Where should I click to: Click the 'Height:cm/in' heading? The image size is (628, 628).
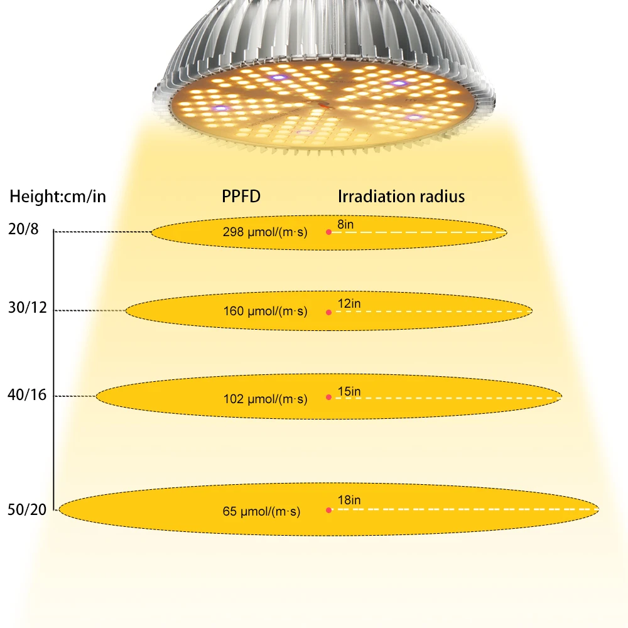coord(58,197)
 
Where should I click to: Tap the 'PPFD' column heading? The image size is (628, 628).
coord(241,197)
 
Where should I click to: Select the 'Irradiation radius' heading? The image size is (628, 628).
coord(401,197)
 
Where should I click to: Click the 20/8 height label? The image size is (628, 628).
coord(24,230)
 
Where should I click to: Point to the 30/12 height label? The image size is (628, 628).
coord(28,309)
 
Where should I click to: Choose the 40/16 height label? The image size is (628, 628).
coord(28,395)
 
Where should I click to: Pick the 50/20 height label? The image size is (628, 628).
coord(28,509)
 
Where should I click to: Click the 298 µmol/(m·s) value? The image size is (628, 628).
coord(265,232)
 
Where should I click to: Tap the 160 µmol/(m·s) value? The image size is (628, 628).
coord(265,311)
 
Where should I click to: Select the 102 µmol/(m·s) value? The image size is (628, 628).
coord(265,399)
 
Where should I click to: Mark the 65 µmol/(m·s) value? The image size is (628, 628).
coord(261,512)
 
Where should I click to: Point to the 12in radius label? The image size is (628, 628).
coord(349,304)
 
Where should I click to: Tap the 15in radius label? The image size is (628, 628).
coord(349,392)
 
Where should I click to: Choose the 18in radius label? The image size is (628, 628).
coord(349,501)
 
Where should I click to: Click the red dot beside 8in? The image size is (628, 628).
coord(328,232)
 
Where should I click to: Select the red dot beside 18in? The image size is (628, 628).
coord(328,510)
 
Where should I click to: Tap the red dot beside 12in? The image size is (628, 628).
coord(328,311)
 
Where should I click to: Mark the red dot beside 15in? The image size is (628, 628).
coord(328,397)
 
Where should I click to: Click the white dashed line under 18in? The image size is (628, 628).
coord(465,509)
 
